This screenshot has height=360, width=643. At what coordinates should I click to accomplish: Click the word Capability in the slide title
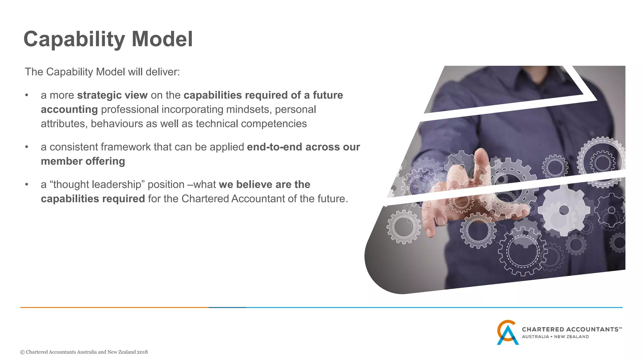(x=74, y=39)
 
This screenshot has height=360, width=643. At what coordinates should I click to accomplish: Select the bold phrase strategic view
(x=112, y=95)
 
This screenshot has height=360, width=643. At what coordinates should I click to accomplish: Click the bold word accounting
(x=69, y=110)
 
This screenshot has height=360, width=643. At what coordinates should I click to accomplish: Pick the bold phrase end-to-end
(x=274, y=147)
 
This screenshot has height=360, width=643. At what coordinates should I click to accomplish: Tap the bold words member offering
(x=83, y=161)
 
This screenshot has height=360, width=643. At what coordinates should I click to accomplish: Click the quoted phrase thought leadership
(x=100, y=184)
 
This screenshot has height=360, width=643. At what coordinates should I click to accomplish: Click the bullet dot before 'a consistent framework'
(x=27, y=147)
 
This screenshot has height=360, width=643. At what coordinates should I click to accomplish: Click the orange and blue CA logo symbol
(x=507, y=332)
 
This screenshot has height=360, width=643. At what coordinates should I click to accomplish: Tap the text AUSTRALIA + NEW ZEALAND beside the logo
(x=555, y=337)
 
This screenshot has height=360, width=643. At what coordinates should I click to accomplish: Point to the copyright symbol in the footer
(x=22, y=352)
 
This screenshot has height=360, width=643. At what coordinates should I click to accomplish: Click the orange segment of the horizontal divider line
(x=113, y=307)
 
